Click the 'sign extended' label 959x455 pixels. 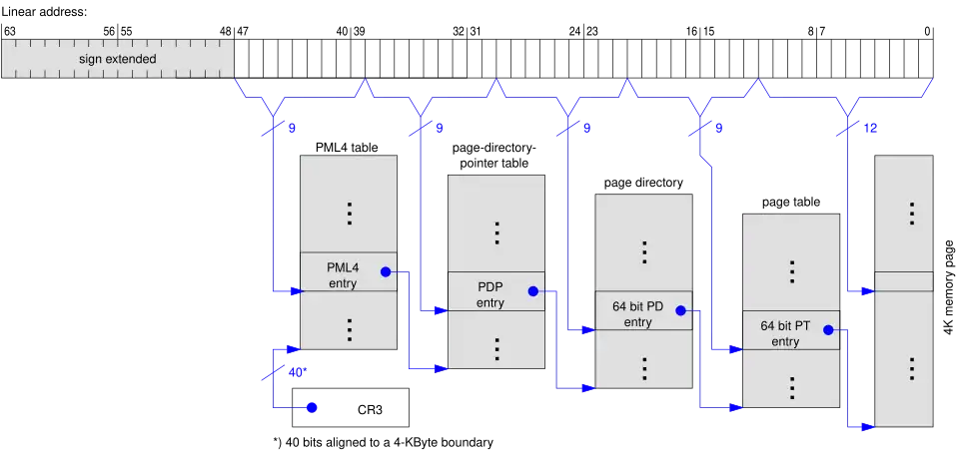118,59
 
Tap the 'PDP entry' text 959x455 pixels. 490,295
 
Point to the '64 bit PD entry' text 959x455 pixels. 638,314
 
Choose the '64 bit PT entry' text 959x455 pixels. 785,333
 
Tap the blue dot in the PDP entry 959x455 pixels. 532,291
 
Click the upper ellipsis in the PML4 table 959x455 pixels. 350,214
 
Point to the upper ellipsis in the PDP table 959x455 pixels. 496,232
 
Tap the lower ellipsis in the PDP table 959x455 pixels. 496,348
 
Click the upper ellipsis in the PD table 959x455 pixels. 644,251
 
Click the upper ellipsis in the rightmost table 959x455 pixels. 911,213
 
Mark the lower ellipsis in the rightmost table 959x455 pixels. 911,368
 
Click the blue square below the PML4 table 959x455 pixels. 312,407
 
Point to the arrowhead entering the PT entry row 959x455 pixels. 738,349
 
